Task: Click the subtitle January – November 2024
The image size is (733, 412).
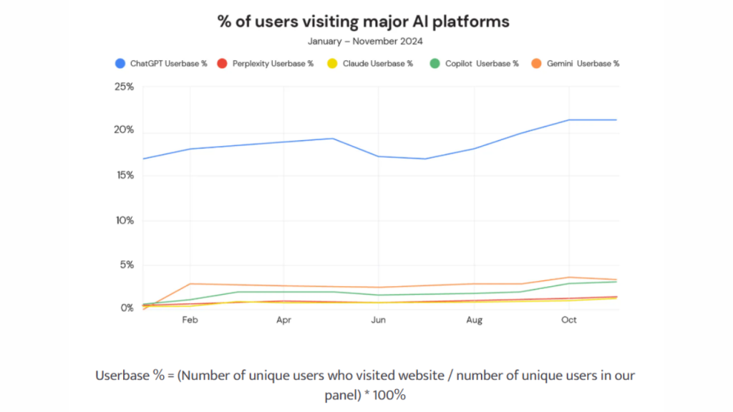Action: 365,41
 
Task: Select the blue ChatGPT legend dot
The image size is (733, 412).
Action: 120,64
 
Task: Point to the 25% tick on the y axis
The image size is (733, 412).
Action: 124,87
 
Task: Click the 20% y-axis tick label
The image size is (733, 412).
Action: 124,130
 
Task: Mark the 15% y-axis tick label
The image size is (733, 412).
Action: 124,175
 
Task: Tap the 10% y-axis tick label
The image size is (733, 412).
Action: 124,220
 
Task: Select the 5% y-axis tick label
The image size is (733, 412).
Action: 126,265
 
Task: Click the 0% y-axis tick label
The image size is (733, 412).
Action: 126,308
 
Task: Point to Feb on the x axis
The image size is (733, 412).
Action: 190,320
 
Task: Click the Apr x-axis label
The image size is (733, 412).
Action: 284,320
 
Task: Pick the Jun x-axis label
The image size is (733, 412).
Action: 379,320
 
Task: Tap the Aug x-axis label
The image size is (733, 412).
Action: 474,320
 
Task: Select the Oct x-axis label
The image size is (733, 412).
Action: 568,320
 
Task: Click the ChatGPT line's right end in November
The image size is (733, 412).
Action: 616,119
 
